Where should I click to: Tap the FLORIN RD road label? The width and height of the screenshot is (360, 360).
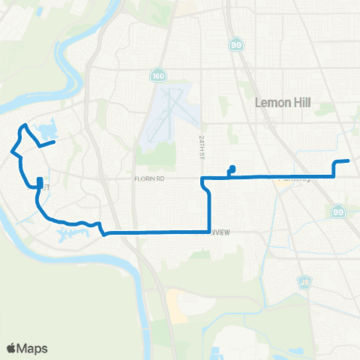150,179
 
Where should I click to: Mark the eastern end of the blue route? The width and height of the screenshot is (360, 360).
349,160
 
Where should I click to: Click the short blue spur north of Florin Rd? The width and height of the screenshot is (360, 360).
232,169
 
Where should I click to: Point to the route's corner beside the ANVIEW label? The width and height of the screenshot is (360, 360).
209,232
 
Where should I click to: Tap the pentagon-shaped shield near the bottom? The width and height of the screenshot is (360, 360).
304,283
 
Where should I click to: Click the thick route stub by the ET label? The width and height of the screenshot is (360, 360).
39,182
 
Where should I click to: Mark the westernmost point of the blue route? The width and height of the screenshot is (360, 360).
11,151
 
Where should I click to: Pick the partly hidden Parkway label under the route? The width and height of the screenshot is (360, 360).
292,180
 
